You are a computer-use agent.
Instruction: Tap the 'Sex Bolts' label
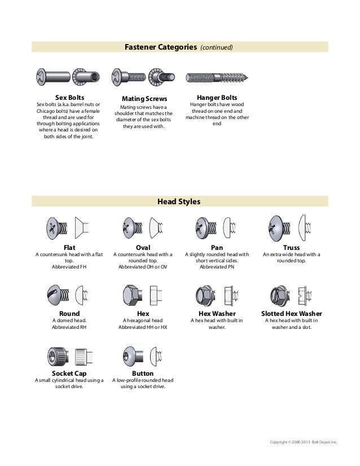(69, 97)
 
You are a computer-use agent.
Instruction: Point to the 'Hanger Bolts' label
(217, 97)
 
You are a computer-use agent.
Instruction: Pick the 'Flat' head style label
(69, 247)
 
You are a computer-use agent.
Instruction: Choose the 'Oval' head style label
(143, 247)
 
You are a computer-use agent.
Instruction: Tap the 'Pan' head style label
(217, 247)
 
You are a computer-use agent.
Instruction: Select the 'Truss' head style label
(292, 247)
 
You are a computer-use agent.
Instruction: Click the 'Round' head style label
(69, 313)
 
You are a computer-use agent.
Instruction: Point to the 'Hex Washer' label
(217, 313)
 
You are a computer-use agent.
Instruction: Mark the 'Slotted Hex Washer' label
(292, 313)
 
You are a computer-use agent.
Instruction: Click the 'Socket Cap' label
(69, 373)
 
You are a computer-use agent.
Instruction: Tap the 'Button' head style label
(143, 373)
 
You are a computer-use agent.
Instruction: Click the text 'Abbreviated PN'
(217, 267)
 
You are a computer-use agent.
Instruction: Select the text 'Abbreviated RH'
(69, 327)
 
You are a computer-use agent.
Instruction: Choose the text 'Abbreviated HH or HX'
(143, 327)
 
